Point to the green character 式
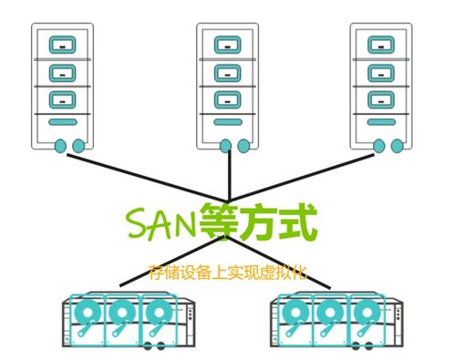coord(296,221)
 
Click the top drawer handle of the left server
coord(62,42)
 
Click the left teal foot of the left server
coord(59,145)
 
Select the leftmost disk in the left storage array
coord(86,315)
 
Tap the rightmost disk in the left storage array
coord(154,315)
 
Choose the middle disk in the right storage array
coord(327,315)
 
